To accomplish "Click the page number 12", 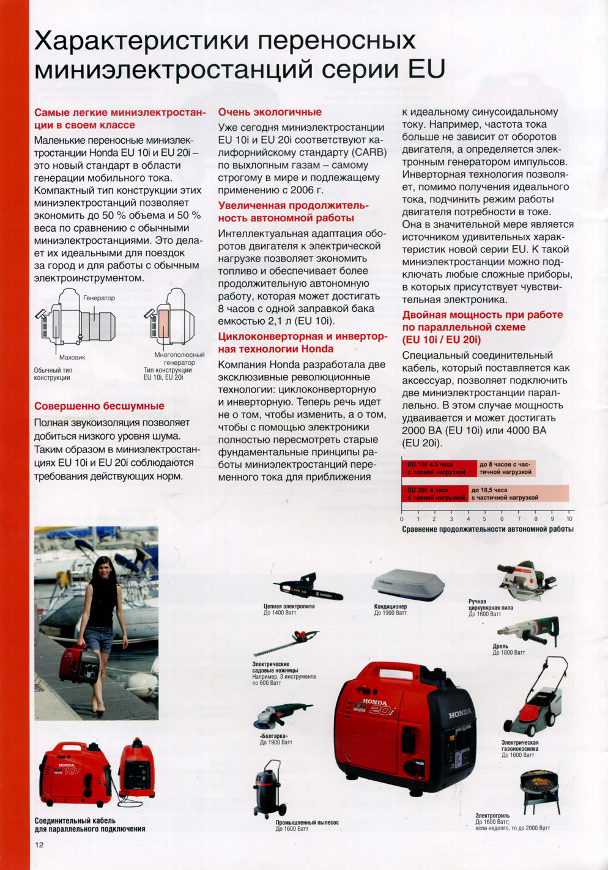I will click(39, 845).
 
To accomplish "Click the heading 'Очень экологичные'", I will click(270, 112).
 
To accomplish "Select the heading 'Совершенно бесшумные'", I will click(99, 406).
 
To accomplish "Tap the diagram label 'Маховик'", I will click(72, 357).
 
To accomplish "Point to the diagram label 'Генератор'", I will click(98, 298).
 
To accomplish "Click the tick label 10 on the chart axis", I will click(569, 518).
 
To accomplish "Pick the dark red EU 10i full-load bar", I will click(439, 468).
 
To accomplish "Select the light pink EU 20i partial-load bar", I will click(519, 493).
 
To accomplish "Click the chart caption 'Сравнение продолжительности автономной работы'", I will click(488, 529).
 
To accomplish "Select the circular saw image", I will click(525, 580).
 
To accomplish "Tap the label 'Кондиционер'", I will click(390, 607).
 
